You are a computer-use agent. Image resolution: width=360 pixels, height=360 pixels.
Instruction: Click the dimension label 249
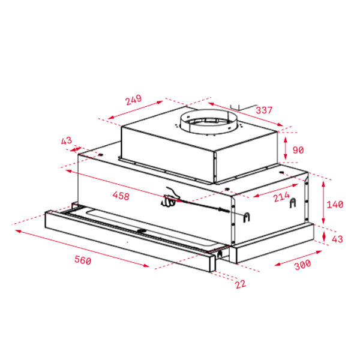133,100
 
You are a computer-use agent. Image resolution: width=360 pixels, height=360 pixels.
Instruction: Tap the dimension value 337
264,110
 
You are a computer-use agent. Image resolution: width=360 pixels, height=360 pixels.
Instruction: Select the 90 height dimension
298,150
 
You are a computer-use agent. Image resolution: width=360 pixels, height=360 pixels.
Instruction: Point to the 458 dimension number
121,196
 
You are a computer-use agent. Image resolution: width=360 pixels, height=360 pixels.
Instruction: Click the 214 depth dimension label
281,197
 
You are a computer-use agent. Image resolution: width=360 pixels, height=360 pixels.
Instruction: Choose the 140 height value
335,205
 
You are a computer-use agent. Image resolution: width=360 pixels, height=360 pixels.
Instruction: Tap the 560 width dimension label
83,260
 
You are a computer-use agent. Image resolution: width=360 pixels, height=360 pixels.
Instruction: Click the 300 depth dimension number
302,265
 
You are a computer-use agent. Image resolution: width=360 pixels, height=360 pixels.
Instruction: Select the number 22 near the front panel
241,284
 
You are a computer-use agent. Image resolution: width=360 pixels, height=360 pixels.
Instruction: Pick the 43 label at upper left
67,140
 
